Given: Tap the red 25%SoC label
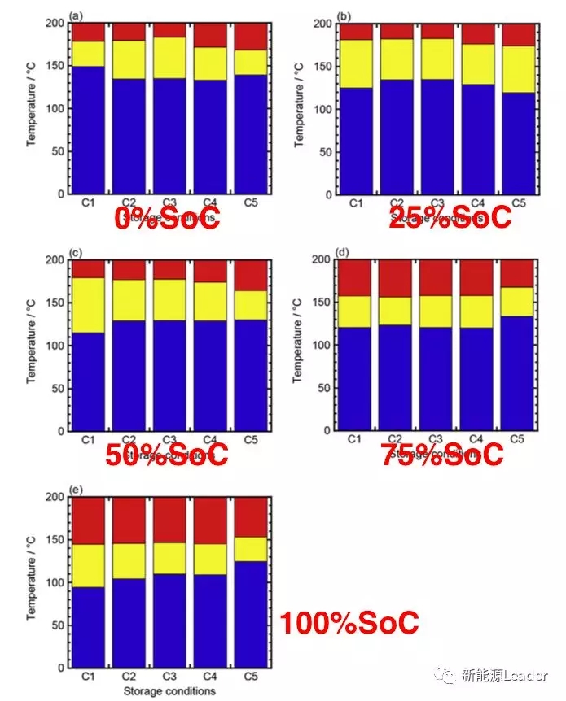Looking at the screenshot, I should tap(450, 217).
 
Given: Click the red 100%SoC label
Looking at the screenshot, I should tap(349, 623).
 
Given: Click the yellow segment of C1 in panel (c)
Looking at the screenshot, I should tap(88, 305).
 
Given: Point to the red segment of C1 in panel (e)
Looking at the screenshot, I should tap(88, 520).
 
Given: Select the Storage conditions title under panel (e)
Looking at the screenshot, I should tap(169, 691).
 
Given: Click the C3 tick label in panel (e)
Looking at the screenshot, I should tap(168, 677).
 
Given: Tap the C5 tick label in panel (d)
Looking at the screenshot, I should tap(517, 440).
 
